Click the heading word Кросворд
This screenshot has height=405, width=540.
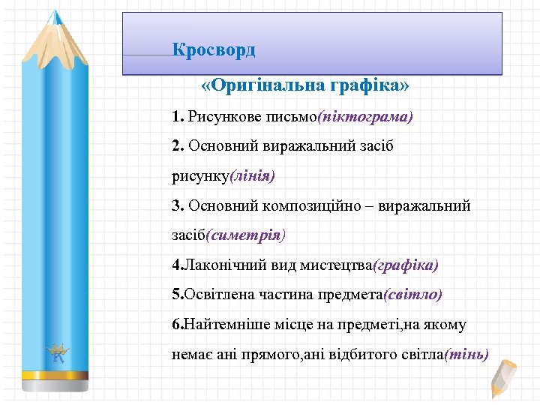pyautogui.click(x=214, y=50)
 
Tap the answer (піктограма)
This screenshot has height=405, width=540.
pyautogui.click(x=365, y=117)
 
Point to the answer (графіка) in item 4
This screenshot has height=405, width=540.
pyautogui.click(x=406, y=265)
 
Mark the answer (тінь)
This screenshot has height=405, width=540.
pyautogui.click(x=466, y=354)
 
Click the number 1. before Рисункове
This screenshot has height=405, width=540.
pyautogui.click(x=178, y=117)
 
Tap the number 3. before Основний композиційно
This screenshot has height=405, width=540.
pyautogui.click(x=178, y=205)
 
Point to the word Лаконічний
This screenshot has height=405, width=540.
pyautogui.click(x=216, y=265)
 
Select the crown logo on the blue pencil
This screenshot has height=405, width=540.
pyautogui.click(x=57, y=351)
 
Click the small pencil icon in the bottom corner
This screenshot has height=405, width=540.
pyautogui.click(x=503, y=378)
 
